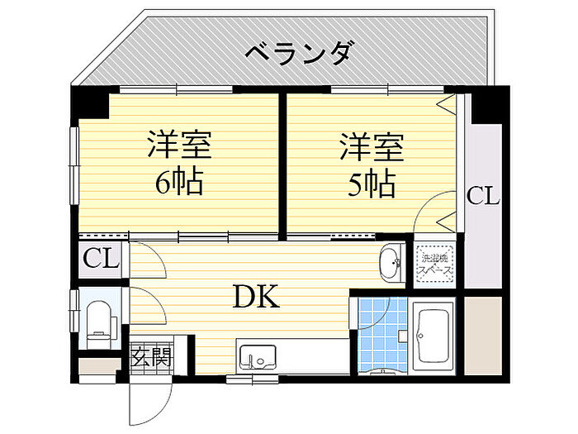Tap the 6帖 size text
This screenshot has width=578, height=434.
[x=179, y=182]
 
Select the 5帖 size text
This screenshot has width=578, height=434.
[x=371, y=184]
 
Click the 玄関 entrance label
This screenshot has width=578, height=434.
[x=151, y=358]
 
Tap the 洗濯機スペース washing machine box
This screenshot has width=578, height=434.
[x=434, y=264]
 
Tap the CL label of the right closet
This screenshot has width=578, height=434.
[x=483, y=197]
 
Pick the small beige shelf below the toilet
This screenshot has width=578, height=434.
[x=98, y=365]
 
